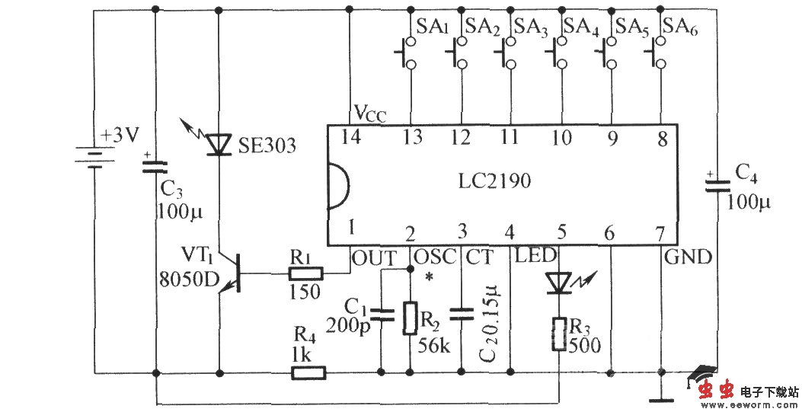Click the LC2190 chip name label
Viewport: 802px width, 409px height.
[x=495, y=183]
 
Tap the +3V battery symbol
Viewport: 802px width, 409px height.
[x=94, y=158]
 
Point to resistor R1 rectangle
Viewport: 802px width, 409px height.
[x=307, y=273]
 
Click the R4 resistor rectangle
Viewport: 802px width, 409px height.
[x=308, y=373]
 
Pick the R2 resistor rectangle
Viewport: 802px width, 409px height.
[x=410, y=318]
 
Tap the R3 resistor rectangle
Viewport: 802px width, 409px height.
[x=560, y=333]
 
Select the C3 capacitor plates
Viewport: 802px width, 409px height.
[x=155, y=166]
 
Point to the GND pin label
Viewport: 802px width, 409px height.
[x=688, y=257]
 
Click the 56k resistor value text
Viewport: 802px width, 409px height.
[x=434, y=345]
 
